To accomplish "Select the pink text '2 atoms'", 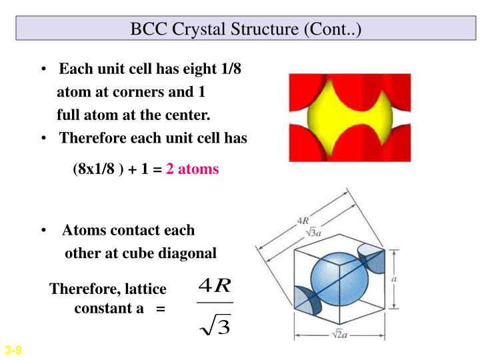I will (193, 169).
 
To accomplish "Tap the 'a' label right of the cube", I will (394, 279).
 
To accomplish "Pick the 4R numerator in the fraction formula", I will (215, 287).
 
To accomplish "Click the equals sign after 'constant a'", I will (160, 309).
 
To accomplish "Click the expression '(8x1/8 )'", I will (97, 169).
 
